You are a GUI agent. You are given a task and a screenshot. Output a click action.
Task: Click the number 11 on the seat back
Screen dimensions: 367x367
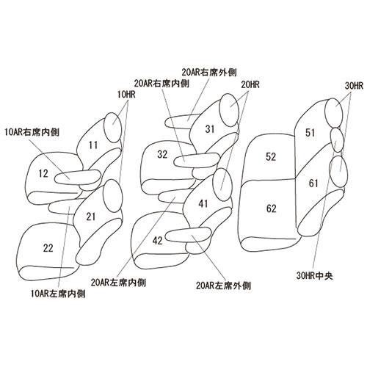[x=93, y=145]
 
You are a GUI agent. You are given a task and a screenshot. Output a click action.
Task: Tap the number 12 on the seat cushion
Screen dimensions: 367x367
[x=43, y=174]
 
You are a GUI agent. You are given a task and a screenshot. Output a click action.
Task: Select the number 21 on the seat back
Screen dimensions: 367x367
[x=91, y=217]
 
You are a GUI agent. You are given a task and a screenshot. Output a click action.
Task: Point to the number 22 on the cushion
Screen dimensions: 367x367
[x=48, y=248]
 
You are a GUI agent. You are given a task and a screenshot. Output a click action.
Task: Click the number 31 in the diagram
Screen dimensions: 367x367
[x=210, y=129]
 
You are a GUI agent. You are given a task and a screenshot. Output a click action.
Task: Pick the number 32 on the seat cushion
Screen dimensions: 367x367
[x=162, y=154]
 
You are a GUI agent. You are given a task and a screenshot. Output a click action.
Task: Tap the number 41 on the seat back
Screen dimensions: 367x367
[x=203, y=203]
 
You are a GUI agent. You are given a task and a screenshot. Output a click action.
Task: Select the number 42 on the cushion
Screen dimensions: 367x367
[x=157, y=241]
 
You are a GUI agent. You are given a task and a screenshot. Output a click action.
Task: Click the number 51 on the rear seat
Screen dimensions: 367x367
[x=310, y=133]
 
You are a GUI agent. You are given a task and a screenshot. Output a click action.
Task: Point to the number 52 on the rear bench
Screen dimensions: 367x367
[x=271, y=157]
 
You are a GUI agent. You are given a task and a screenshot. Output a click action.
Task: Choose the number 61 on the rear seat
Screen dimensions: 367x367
[x=313, y=183]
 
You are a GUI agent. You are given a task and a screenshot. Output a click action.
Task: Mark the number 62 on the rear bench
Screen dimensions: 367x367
[x=272, y=208]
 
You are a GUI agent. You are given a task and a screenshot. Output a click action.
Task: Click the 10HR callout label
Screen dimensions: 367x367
[x=126, y=95]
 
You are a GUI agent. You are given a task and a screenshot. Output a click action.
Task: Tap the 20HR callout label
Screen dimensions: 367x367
[x=250, y=85]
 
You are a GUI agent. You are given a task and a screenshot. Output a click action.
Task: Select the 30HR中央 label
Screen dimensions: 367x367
[x=315, y=276]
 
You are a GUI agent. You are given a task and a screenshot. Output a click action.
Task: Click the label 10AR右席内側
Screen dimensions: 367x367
[x=32, y=132]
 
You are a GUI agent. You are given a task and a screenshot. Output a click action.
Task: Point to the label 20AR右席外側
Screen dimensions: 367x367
[x=209, y=73]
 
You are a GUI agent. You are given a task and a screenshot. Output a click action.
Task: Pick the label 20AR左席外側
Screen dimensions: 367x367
[x=223, y=286]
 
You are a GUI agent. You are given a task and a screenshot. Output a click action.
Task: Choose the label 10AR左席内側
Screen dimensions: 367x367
[x=58, y=294]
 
